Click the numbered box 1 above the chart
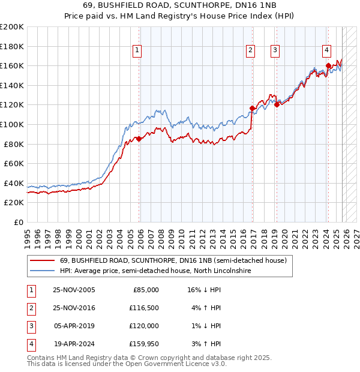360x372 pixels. (x=138, y=50)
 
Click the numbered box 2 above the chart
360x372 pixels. (x=250, y=50)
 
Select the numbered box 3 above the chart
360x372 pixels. (x=275, y=50)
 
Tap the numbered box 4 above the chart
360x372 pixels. (x=326, y=50)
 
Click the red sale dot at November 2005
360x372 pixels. (x=139, y=139)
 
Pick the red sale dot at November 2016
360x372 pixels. (x=252, y=108)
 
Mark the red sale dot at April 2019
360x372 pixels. (x=277, y=105)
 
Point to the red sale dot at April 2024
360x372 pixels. (x=328, y=65)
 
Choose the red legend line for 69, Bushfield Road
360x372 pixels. (x=41, y=261)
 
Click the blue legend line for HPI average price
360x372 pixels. (x=41, y=271)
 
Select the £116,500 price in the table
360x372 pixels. (x=144, y=308)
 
